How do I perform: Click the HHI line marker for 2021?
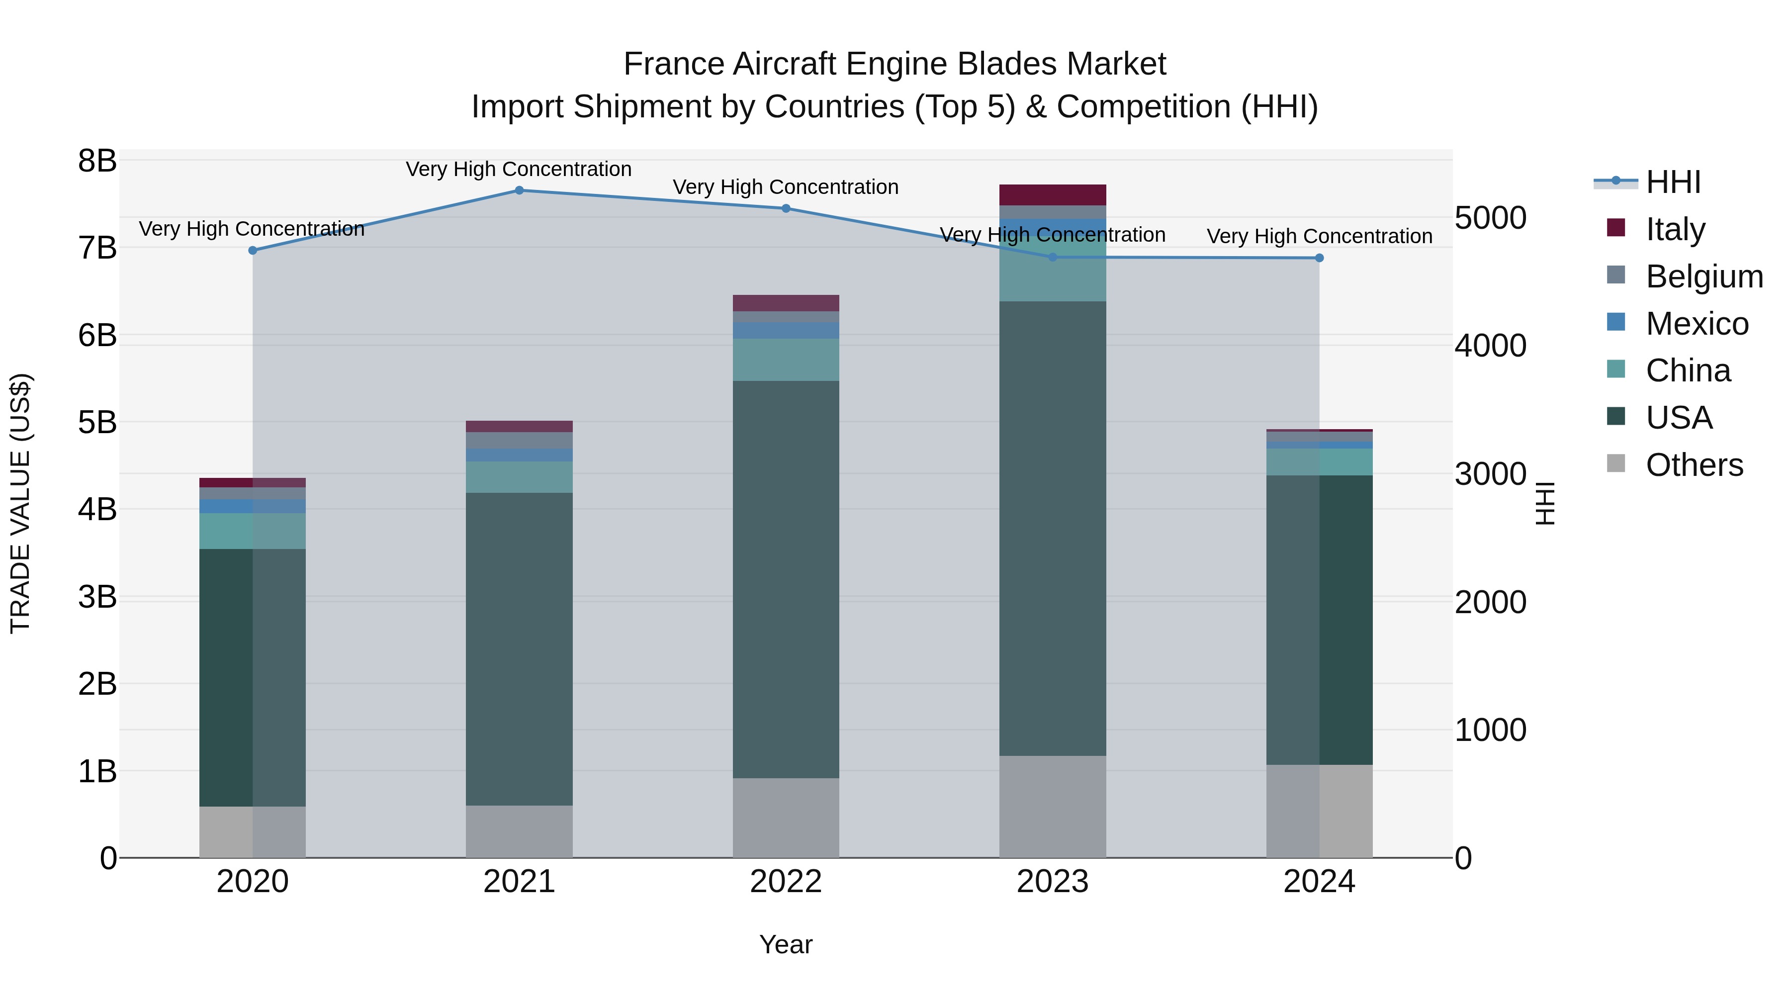coord(519,190)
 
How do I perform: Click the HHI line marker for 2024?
coord(1319,258)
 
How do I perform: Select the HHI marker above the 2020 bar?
coord(253,250)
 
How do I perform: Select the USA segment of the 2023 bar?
coord(1052,528)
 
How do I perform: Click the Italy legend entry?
coord(1675,229)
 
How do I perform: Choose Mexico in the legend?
coord(1696,323)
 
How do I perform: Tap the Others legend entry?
coord(1694,465)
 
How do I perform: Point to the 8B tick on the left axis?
coord(97,161)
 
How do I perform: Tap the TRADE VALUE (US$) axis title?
coord(20,503)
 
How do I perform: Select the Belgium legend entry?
coord(1704,276)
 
